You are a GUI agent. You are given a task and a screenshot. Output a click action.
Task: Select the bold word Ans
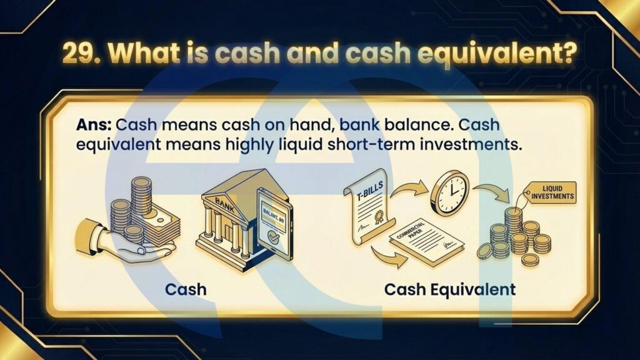point(94,124)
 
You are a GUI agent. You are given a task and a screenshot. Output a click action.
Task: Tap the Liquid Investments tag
point(551,192)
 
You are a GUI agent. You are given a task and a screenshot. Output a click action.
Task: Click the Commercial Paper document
point(426,241)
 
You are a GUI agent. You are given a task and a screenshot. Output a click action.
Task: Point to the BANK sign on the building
point(225,205)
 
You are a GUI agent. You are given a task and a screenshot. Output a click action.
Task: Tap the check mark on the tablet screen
point(272,237)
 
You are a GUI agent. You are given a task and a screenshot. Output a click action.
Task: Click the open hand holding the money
point(122,241)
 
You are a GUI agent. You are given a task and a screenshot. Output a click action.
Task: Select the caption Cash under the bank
point(186,289)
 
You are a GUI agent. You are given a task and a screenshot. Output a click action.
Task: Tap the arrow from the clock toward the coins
point(492,191)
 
